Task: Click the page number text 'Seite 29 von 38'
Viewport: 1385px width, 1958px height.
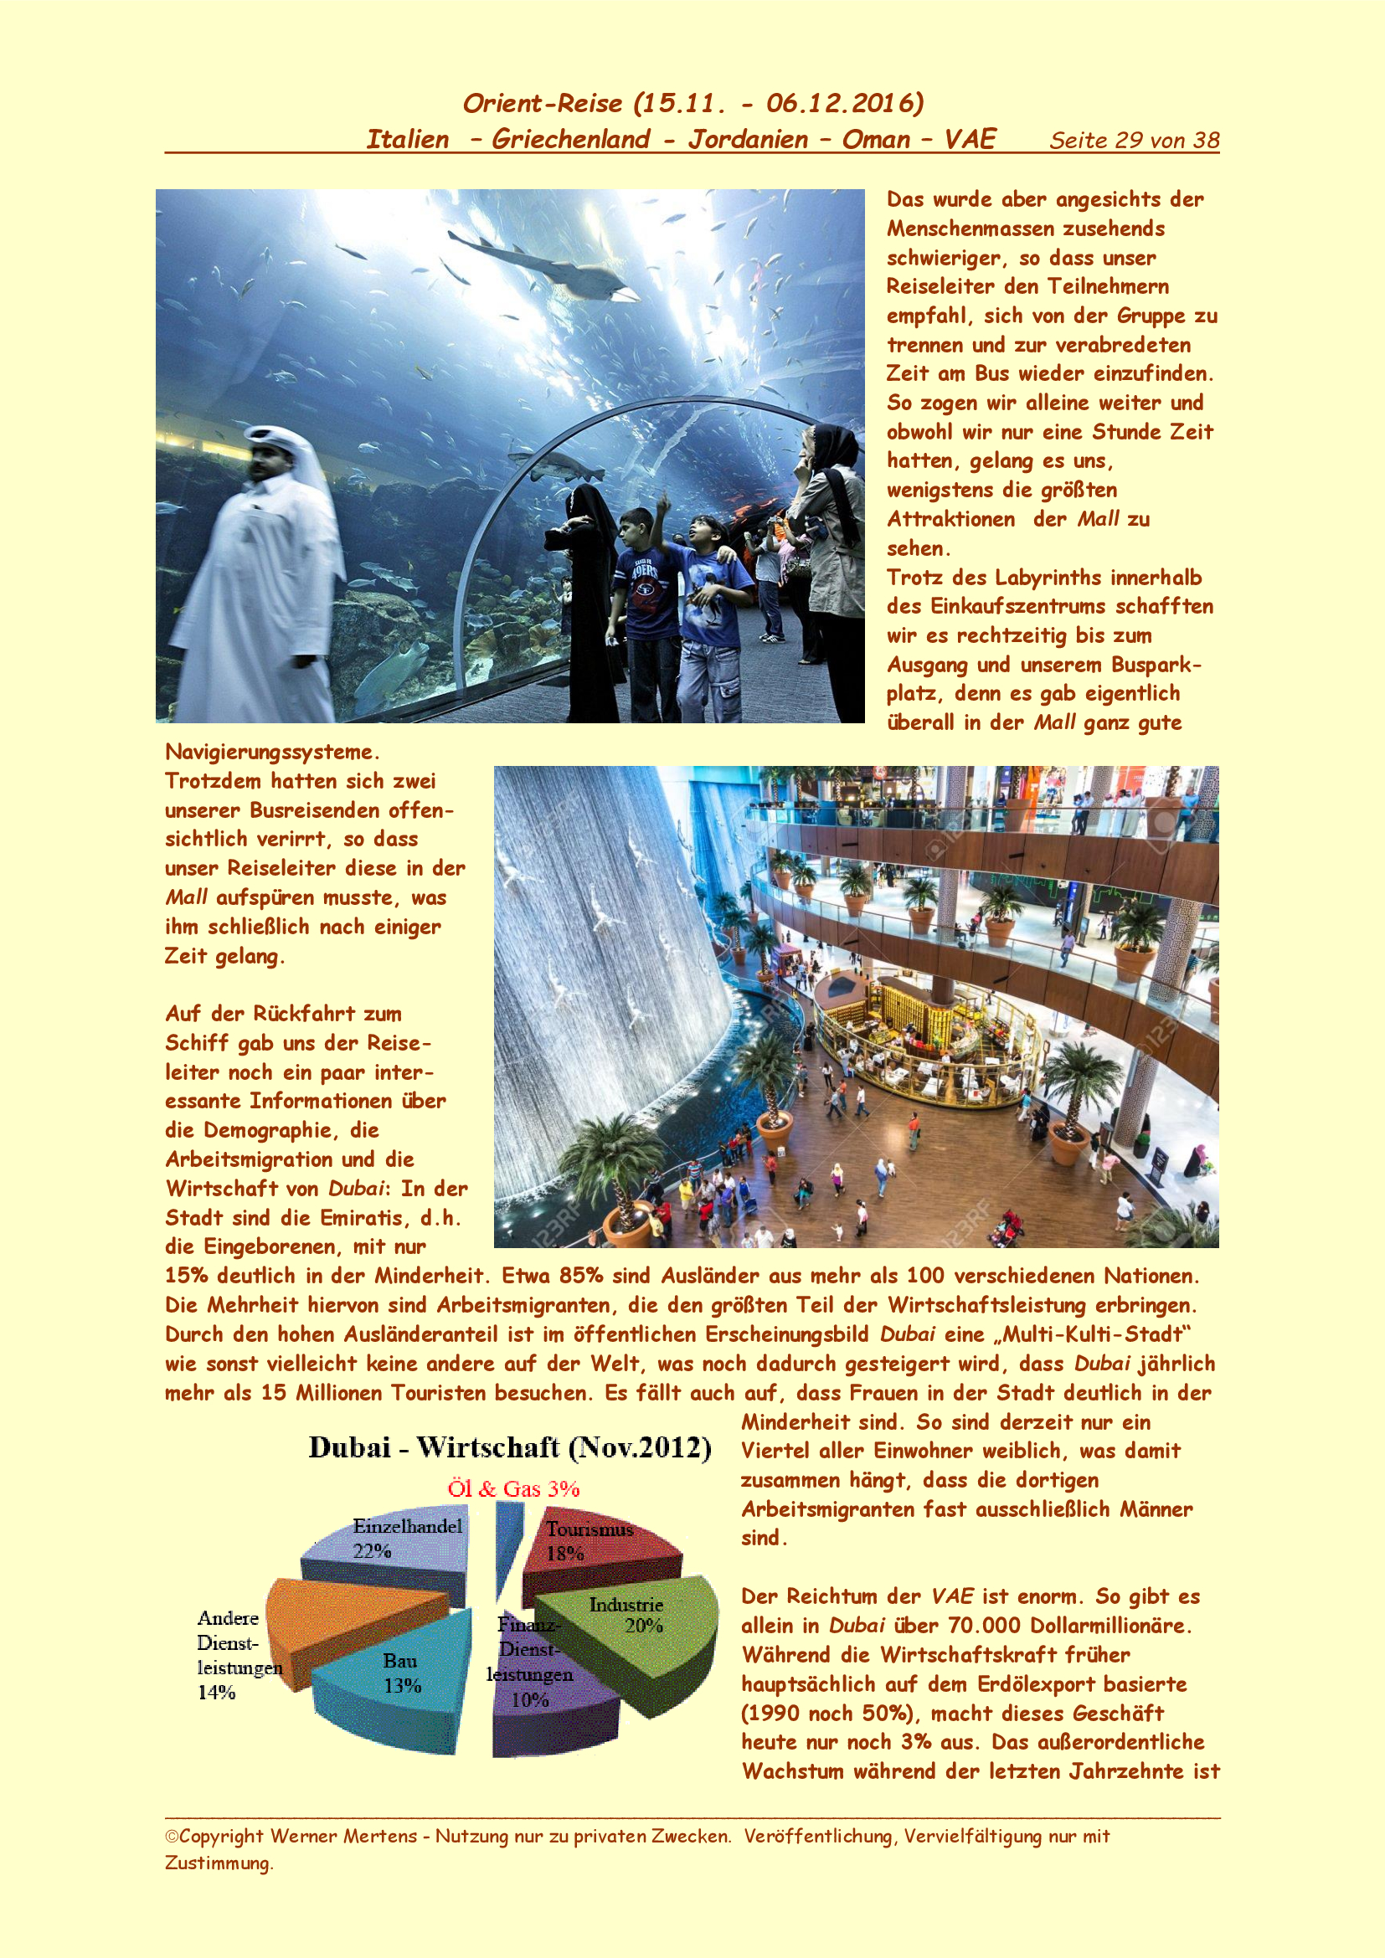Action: pyautogui.click(x=1134, y=141)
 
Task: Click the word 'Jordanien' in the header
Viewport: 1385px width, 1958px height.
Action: pyautogui.click(x=748, y=139)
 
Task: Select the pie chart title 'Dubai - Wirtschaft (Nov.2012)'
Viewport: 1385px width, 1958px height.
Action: pyautogui.click(x=509, y=1448)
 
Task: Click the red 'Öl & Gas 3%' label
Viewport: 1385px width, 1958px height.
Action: pyautogui.click(x=513, y=1489)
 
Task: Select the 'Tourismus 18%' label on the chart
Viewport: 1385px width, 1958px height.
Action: pyautogui.click(x=589, y=1541)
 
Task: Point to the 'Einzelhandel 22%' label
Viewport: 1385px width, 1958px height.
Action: pyautogui.click(x=407, y=1538)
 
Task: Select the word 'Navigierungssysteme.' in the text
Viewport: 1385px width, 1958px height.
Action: pyautogui.click(x=272, y=753)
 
